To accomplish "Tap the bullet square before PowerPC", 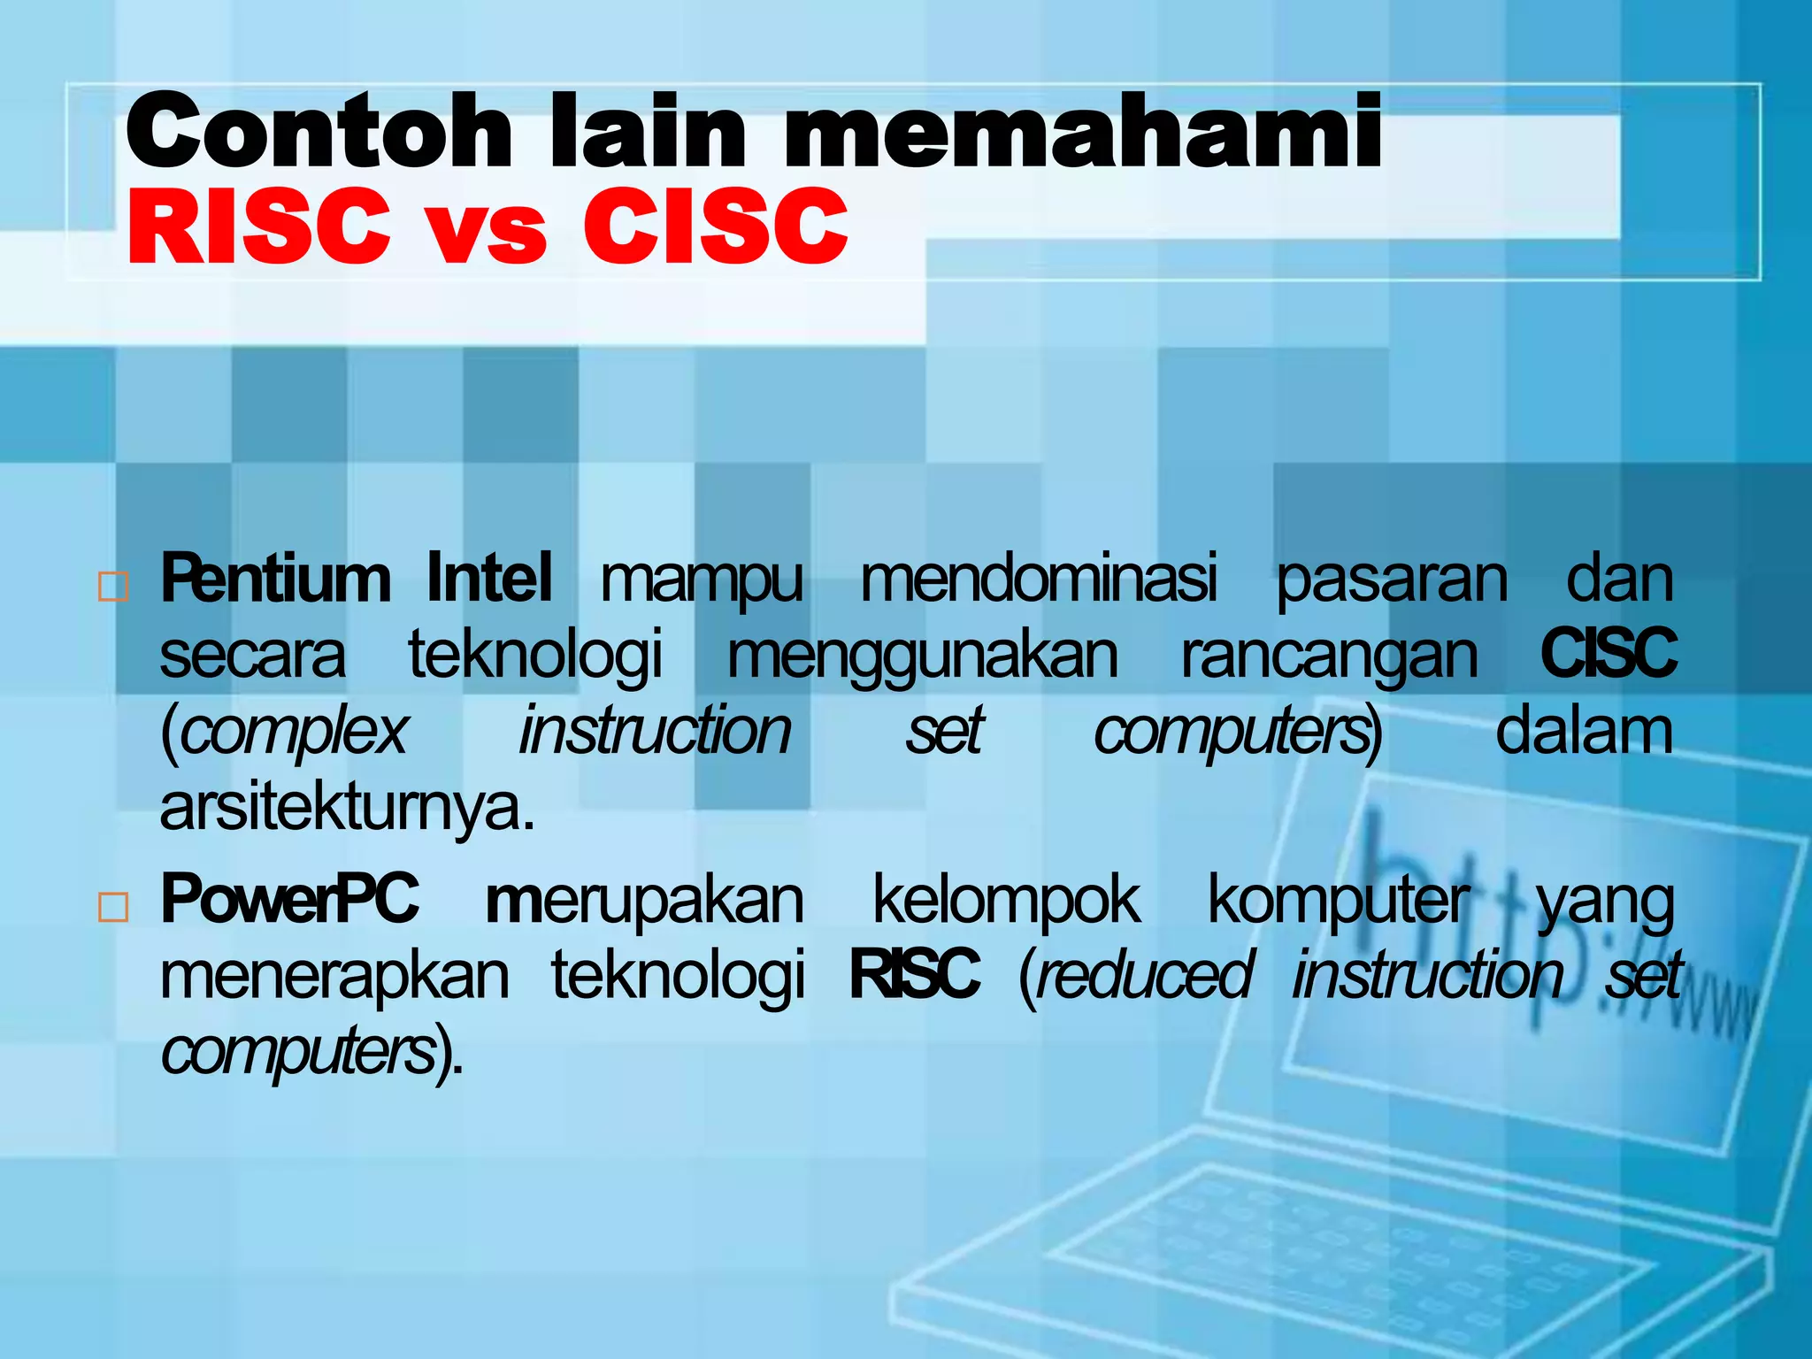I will (113, 908).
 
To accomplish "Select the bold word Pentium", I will (275, 580).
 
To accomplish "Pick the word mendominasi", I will (1039, 580).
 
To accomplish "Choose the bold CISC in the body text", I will (1608, 654).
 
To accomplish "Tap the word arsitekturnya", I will (347, 808).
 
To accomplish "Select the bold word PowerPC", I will (288, 900).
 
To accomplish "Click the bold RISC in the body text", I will (914, 975).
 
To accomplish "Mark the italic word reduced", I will (1145, 976).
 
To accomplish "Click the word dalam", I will (1584, 732).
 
